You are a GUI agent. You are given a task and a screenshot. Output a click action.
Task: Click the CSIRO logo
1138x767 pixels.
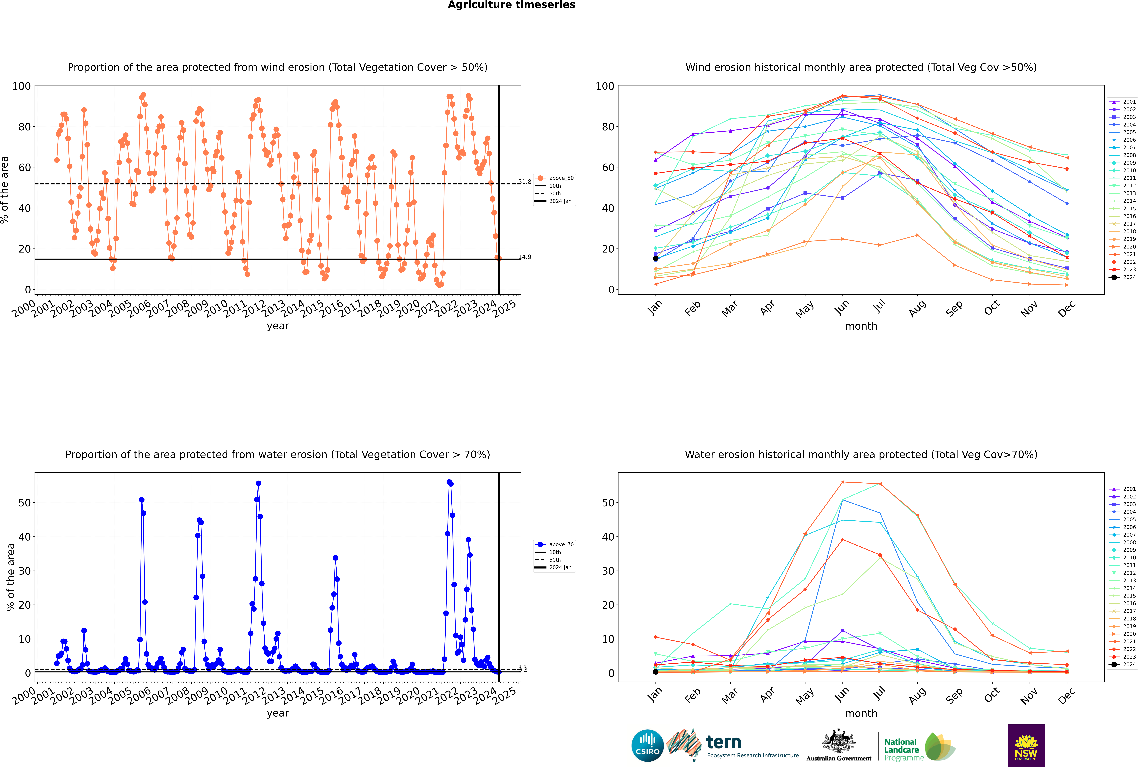(x=647, y=746)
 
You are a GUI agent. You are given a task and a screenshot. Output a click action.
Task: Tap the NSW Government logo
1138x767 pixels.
(x=1026, y=746)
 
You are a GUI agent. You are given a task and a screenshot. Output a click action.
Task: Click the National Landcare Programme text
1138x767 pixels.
(x=901, y=749)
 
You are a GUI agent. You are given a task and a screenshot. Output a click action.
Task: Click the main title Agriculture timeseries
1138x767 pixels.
(x=511, y=5)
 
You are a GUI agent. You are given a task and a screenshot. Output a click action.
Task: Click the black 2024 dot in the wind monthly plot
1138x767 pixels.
(x=656, y=258)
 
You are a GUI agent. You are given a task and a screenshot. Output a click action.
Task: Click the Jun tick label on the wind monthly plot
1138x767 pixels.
(x=842, y=307)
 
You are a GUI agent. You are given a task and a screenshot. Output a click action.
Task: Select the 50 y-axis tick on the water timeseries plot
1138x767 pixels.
(x=24, y=503)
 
